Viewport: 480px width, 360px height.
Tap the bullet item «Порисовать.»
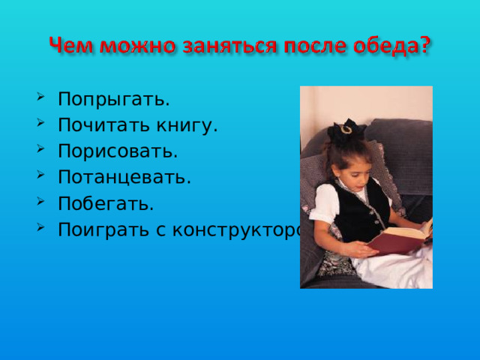click(x=118, y=151)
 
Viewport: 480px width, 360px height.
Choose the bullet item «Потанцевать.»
click(x=124, y=178)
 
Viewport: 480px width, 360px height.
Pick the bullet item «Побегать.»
click(x=106, y=204)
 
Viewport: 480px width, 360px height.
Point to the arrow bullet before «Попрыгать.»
click(x=39, y=99)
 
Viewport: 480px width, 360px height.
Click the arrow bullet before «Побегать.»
click(x=39, y=203)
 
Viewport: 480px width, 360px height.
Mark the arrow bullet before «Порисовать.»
click(x=39, y=151)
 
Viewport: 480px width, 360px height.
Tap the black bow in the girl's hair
click(x=346, y=131)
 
